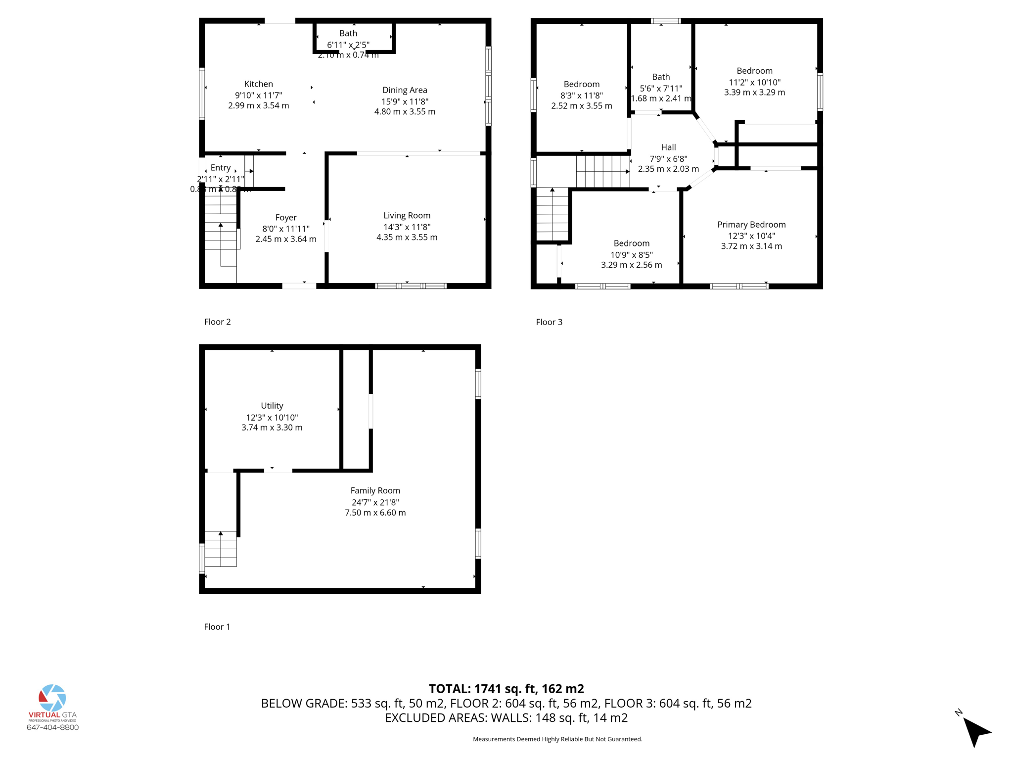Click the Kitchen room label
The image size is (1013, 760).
[258, 84]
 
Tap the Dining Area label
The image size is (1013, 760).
[405, 90]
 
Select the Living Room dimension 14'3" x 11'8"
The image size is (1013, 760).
[407, 227]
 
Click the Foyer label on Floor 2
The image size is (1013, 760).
[286, 218]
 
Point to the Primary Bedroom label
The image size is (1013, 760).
[751, 225]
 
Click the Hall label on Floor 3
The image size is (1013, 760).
[668, 147]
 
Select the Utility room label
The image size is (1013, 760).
[272, 406]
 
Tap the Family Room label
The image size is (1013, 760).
[375, 491]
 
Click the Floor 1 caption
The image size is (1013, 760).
[217, 627]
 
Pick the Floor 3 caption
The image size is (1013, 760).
[549, 322]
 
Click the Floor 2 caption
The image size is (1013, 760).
[217, 322]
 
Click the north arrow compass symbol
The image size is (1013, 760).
[975, 731]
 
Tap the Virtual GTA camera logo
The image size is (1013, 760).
[52, 698]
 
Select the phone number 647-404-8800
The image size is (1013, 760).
[52, 727]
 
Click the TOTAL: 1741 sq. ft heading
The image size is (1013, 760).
[506, 689]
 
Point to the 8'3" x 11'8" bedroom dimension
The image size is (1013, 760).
[582, 95]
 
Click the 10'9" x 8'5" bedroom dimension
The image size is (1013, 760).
[631, 255]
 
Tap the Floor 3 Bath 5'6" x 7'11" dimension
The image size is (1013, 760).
[661, 89]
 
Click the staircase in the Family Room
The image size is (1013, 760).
[221, 549]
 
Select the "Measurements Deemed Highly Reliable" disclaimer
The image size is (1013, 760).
[557, 739]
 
